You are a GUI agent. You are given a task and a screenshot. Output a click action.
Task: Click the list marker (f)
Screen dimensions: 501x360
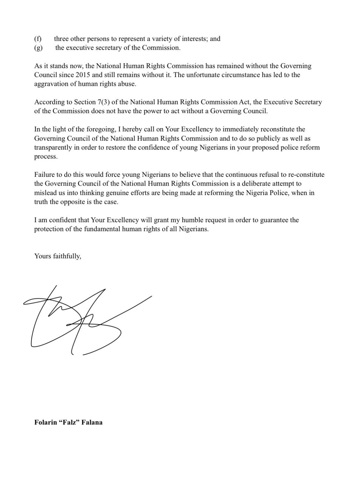point(38,39)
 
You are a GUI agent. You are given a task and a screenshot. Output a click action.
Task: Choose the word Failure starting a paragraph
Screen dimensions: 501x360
point(45,175)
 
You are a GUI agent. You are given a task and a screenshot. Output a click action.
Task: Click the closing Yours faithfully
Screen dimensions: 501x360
point(57,256)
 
